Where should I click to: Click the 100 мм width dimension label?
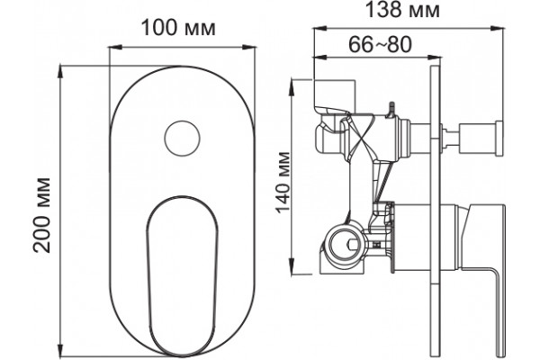(x=178, y=28)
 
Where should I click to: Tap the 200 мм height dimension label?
(x=41, y=215)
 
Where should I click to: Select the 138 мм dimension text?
(x=402, y=10)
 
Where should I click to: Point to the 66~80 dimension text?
(x=380, y=44)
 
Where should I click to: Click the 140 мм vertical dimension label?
(x=283, y=183)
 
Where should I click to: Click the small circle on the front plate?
(x=182, y=139)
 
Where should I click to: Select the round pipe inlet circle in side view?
(x=344, y=245)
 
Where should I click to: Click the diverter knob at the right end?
(x=499, y=138)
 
